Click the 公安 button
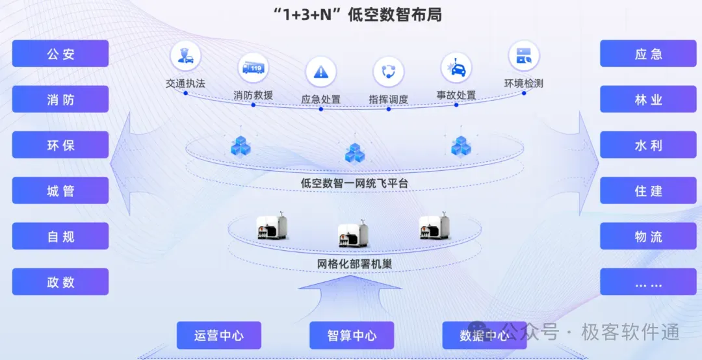(60, 54)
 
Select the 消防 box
(60, 99)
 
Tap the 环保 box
(60, 145)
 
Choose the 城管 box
(60, 190)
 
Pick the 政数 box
(60, 282)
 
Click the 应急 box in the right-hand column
(648, 54)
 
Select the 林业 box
(648, 99)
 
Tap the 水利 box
(648, 145)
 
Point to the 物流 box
(648, 237)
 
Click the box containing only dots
(648, 282)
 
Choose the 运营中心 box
(219, 335)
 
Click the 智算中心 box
(352, 335)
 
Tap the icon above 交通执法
(185, 57)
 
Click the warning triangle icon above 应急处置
(320, 71)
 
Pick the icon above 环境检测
(523, 57)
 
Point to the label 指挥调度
(388, 99)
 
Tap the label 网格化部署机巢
(354, 264)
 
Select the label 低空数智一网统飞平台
(354, 183)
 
